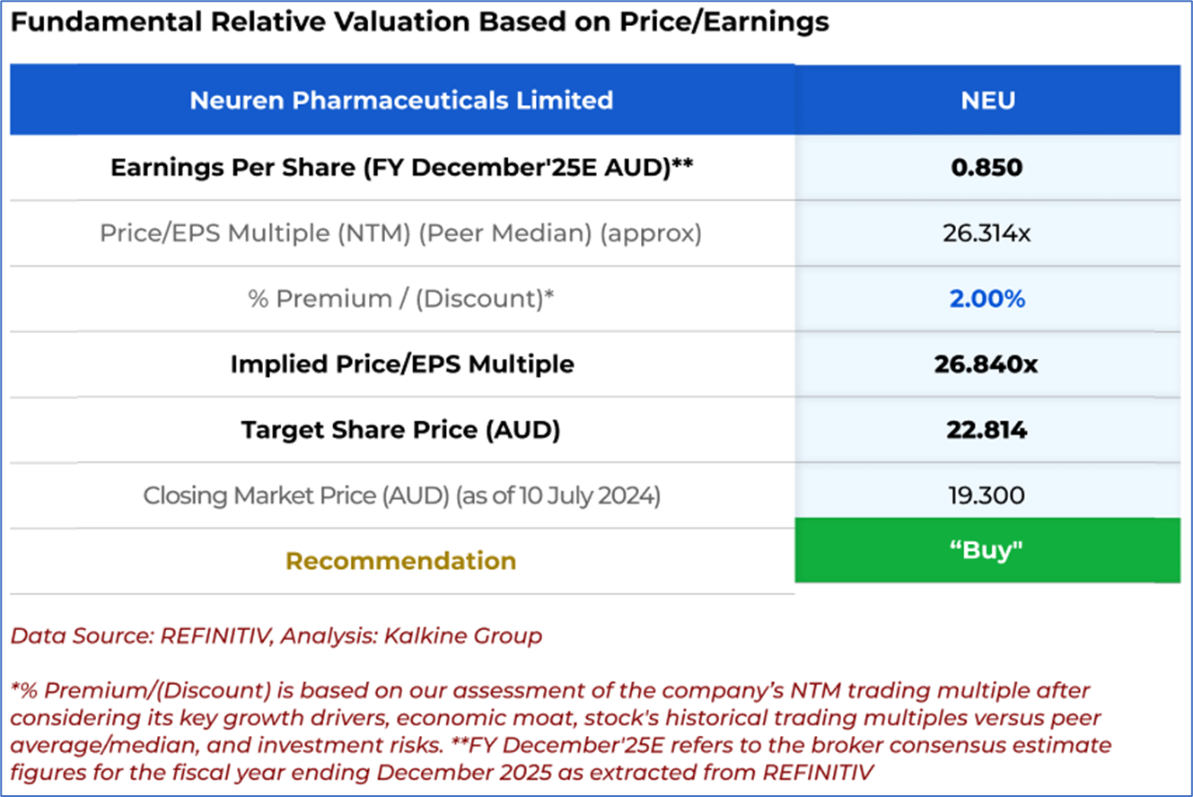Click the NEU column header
pos(987,100)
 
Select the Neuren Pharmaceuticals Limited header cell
pos(401,100)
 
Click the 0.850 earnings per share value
pos(987,168)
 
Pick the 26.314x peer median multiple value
pos(987,233)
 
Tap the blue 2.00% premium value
pos(987,299)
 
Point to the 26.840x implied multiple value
pos(987,364)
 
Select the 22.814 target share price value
pos(987,430)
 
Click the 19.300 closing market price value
pos(987,495)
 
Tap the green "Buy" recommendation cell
pos(987,550)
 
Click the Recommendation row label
pos(401,561)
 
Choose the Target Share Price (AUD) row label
pos(401,430)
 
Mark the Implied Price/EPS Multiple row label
pos(401,364)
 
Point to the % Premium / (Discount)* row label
pos(401,299)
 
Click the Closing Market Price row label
pos(401,495)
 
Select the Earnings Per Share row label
pos(401,168)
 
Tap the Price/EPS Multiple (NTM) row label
pos(401,233)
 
